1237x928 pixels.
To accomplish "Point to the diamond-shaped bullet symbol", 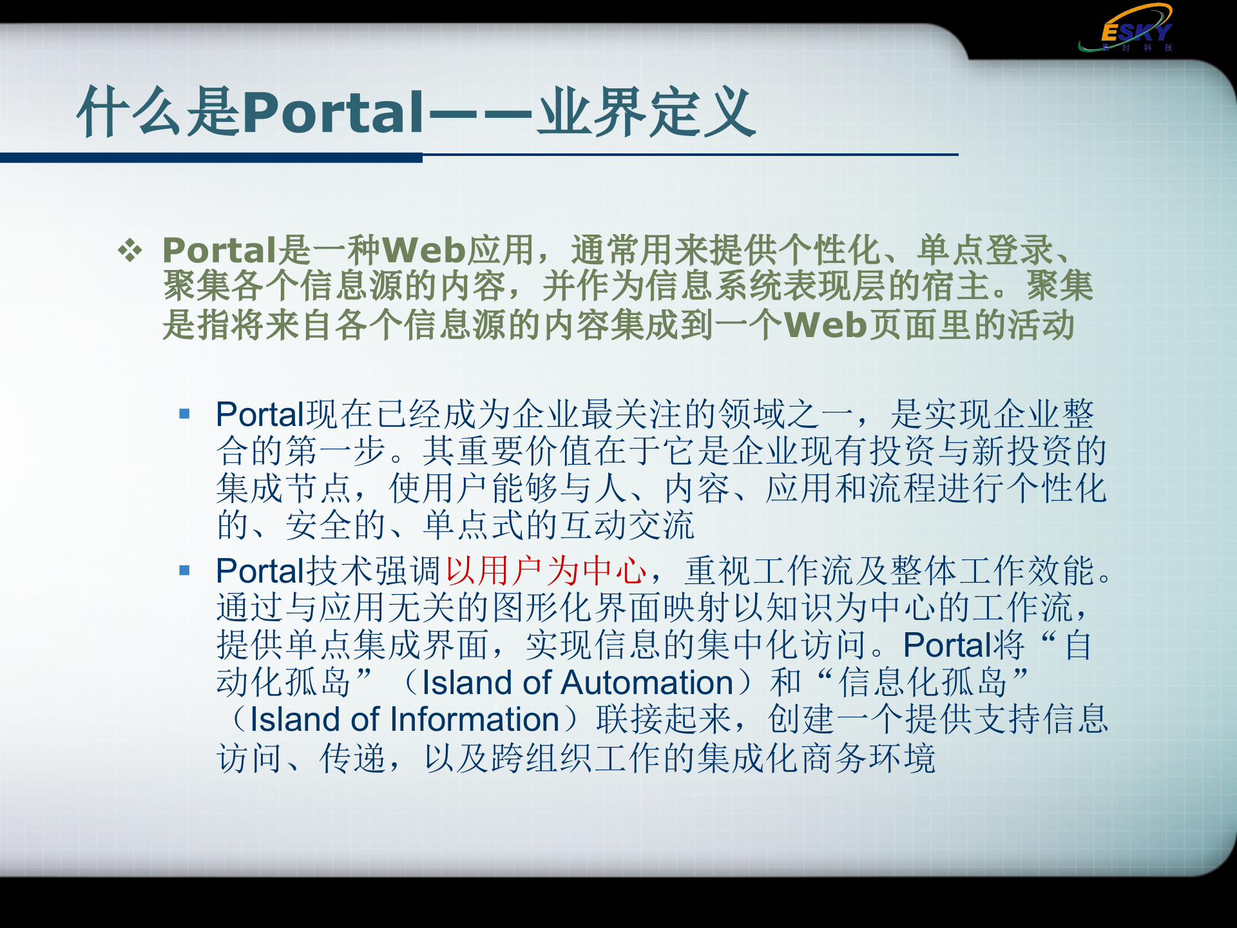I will tap(129, 251).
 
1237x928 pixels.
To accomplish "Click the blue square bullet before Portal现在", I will tap(185, 414).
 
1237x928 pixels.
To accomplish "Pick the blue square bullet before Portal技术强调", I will tap(185, 570).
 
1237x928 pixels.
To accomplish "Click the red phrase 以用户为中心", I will tap(546, 571).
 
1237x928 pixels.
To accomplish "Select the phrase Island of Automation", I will tap(577, 682).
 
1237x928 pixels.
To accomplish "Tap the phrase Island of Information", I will tap(405, 720).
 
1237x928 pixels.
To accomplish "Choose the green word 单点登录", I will tap(986, 250).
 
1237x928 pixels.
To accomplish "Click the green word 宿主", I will tap(957, 287).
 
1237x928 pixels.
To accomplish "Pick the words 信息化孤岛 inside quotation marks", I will tap(922, 682).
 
